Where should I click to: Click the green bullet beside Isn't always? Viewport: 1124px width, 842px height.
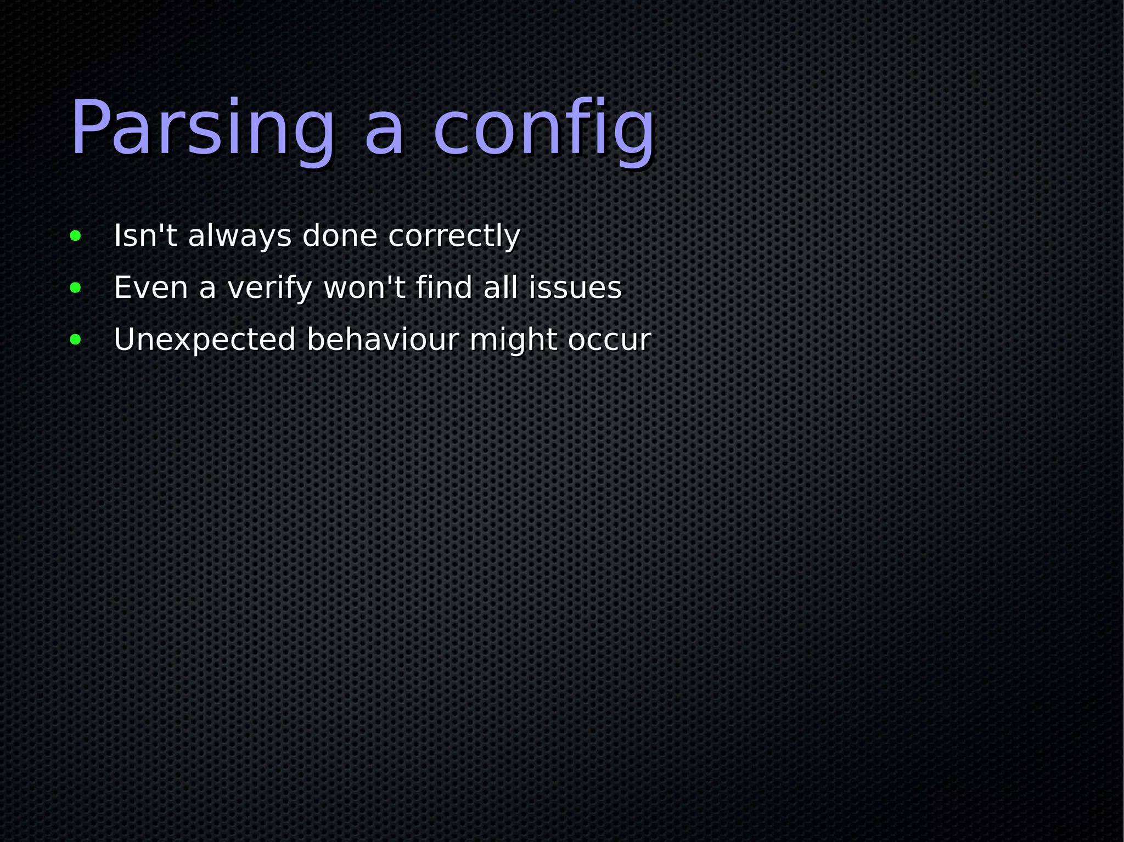point(76,236)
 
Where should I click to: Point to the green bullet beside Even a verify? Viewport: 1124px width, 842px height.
point(76,288)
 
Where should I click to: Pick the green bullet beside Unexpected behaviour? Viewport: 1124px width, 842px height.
point(76,340)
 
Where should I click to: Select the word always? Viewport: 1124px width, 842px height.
point(239,237)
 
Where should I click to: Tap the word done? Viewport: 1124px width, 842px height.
point(340,236)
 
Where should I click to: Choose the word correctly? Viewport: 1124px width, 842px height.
point(454,237)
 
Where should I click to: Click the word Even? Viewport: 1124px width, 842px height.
point(151,288)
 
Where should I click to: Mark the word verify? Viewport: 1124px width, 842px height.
point(270,289)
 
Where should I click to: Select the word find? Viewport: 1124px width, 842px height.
point(444,287)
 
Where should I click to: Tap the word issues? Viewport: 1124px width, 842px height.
point(575,288)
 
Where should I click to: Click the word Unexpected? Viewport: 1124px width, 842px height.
point(205,340)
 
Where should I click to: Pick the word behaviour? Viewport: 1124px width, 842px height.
point(383,340)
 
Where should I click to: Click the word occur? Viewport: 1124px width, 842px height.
point(609,340)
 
